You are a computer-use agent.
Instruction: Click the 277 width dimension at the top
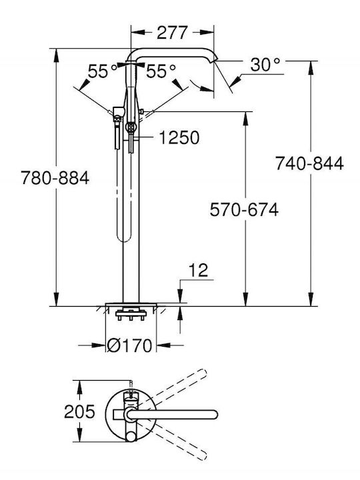[172, 33]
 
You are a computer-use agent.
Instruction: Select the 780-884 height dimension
[55, 178]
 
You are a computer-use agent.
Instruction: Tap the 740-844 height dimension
[309, 163]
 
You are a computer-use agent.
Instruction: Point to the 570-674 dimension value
[244, 210]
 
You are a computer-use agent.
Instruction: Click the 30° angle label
[265, 65]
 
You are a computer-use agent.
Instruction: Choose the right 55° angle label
[161, 71]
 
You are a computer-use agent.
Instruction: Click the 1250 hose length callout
[179, 137]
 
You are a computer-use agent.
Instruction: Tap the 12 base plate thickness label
[199, 270]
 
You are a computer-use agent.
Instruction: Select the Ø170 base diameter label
[129, 345]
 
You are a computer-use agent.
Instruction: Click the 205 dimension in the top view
[79, 412]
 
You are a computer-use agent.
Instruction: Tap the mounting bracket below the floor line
[131, 315]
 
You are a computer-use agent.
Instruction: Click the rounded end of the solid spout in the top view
[214, 415]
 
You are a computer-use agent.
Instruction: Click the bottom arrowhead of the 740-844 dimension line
[311, 299]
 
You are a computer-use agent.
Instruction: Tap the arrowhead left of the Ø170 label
[99, 345]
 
